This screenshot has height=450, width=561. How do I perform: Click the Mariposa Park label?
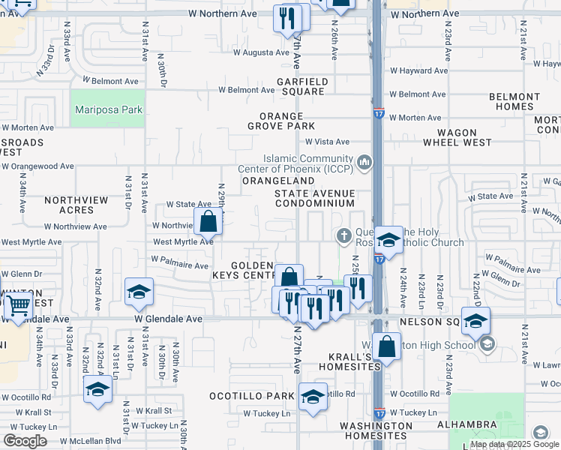coord(109,109)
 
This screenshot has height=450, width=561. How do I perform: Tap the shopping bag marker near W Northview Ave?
coord(208,221)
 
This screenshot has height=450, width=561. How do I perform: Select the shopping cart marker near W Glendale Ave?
coord(18,306)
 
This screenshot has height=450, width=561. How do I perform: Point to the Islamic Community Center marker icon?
coord(364,162)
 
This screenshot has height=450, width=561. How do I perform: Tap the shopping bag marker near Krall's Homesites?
coord(387,346)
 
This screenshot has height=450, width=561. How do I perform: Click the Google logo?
coord(25,441)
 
